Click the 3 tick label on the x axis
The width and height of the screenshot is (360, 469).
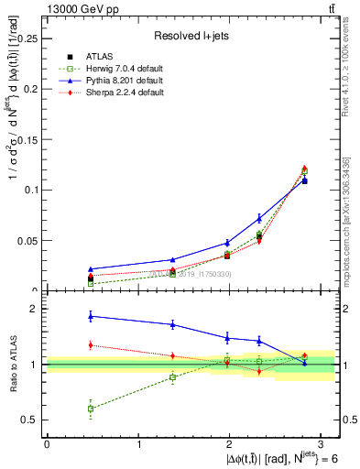coord(324,443)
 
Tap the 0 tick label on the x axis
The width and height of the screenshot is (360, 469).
coord(46,443)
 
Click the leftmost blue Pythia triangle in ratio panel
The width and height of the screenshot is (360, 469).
coord(90,316)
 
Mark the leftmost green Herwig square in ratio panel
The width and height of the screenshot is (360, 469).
coord(90,409)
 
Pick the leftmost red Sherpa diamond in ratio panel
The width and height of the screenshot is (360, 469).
coord(90,344)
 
